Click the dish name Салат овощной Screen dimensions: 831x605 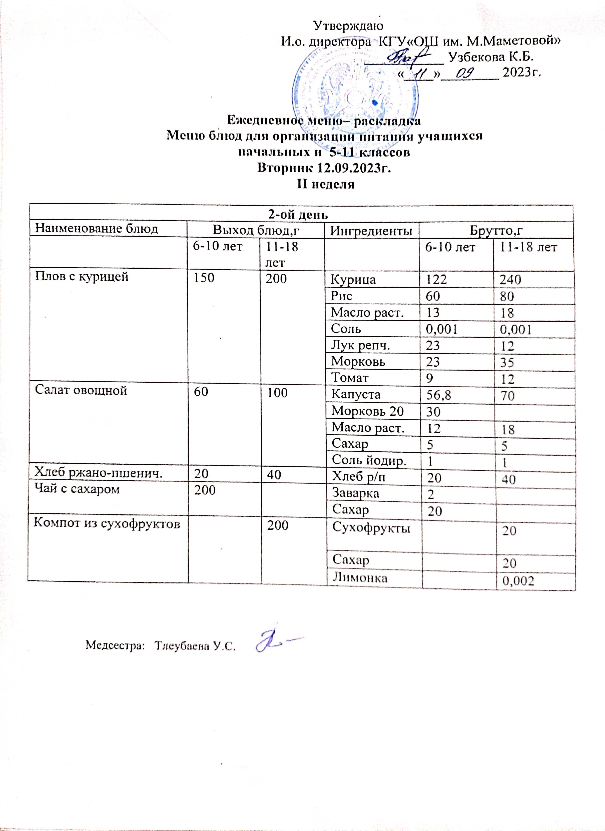click(x=81, y=391)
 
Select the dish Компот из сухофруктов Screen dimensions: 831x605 click(x=107, y=524)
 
